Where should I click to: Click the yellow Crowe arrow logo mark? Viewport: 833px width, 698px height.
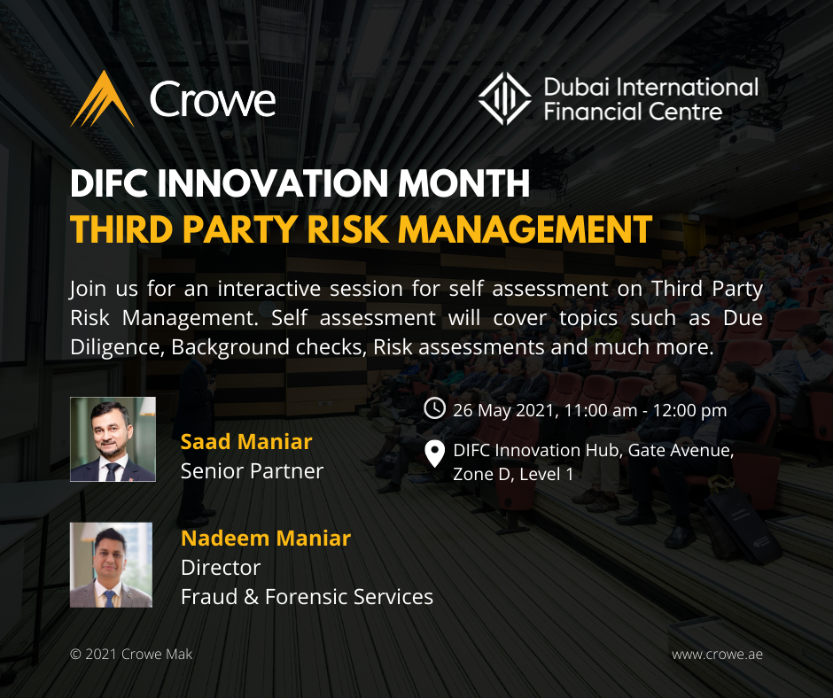point(103,100)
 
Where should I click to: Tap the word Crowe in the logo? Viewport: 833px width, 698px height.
point(213,99)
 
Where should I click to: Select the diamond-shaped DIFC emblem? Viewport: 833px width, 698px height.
point(504,99)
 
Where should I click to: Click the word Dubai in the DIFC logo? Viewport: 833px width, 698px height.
point(577,87)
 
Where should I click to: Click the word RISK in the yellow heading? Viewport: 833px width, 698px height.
point(348,229)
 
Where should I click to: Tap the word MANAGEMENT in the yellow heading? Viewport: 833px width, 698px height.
point(525,229)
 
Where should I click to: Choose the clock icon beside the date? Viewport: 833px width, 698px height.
point(434,408)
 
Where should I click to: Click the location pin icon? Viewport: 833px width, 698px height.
point(434,454)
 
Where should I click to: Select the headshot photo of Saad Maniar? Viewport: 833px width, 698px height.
point(113,439)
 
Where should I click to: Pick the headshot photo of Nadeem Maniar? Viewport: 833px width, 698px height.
point(112,564)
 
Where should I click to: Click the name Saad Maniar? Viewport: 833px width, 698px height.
point(246,442)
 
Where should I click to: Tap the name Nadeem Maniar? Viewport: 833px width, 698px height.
point(266,539)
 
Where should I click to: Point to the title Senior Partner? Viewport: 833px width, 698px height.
point(252,471)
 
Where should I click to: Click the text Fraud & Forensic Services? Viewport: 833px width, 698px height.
point(308,597)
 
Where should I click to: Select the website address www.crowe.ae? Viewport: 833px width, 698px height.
point(717,655)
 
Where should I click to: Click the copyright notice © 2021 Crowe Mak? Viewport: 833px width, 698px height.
point(131,655)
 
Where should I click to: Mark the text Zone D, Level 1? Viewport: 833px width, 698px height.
point(513,474)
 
